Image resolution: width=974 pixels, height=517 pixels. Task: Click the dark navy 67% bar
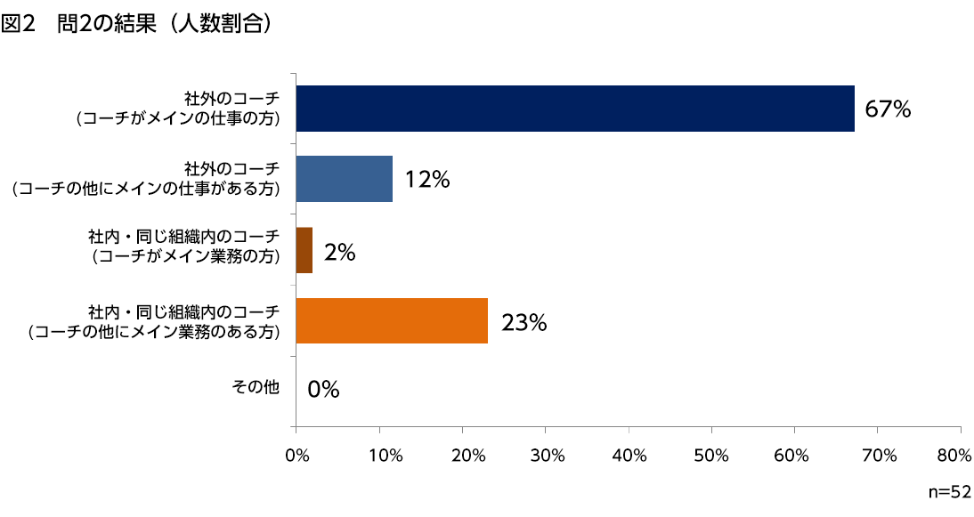pyautogui.click(x=575, y=109)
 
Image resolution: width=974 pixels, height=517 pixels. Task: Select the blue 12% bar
pyautogui.click(x=344, y=179)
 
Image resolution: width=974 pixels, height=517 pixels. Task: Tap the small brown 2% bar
pyautogui.click(x=304, y=250)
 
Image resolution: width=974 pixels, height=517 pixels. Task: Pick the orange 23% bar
pyautogui.click(x=392, y=320)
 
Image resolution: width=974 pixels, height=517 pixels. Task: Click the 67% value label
pyautogui.click(x=888, y=109)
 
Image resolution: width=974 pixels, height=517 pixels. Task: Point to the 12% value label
pyautogui.click(x=427, y=180)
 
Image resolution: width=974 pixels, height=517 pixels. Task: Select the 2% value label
pyautogui.click(x=340, y=253)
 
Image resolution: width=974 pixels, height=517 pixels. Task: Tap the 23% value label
pyautogui.click(x=524, y=322)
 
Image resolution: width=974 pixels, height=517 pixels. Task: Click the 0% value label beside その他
pyautogui.click(x=324, y=389)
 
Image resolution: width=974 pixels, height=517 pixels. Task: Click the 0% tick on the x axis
pyautogui.click(x=296, y=456)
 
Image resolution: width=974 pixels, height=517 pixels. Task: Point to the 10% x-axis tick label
pyautogui.click(x=380, y=456)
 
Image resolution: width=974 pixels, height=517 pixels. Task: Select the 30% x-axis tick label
pyautogui.click(x=547, y=456)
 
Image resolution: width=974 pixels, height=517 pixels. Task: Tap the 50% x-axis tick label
pyautogui.click(x=712, y=456)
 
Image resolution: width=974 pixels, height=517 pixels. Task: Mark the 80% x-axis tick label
pyautogui.click(x=954, y=456)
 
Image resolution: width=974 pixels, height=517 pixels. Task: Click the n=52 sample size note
pyautogui.click(x=948, y=491)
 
